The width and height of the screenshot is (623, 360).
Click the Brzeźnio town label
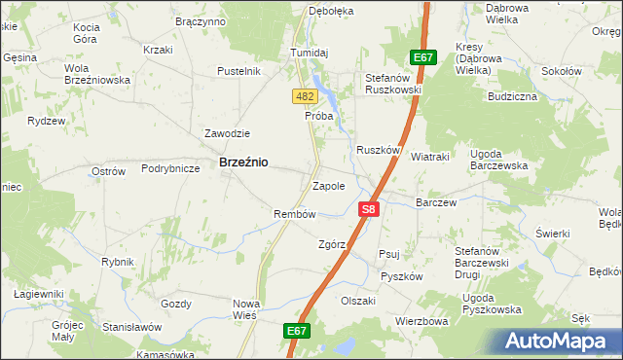[244, 163]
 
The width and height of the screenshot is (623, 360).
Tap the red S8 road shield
[368, 209]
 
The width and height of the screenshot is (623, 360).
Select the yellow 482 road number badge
[304, 96]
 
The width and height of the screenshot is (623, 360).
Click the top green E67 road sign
[422, 57]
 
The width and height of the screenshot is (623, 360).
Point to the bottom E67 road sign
[297, 332]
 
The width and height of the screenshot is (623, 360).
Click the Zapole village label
[328, 185]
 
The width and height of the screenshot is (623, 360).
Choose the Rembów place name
[295, 214]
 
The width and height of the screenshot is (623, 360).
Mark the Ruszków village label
[379, 150]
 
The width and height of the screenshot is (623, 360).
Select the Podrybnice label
[170, 168]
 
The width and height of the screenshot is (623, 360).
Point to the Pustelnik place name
[238, 71]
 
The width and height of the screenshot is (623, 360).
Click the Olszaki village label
[358, 301]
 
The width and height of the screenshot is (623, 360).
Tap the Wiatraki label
[429, 156]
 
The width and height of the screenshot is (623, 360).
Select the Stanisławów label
[132, 328]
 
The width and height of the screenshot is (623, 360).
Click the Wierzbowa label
[421, 320]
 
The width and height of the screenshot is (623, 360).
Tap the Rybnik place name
[117, 262]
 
